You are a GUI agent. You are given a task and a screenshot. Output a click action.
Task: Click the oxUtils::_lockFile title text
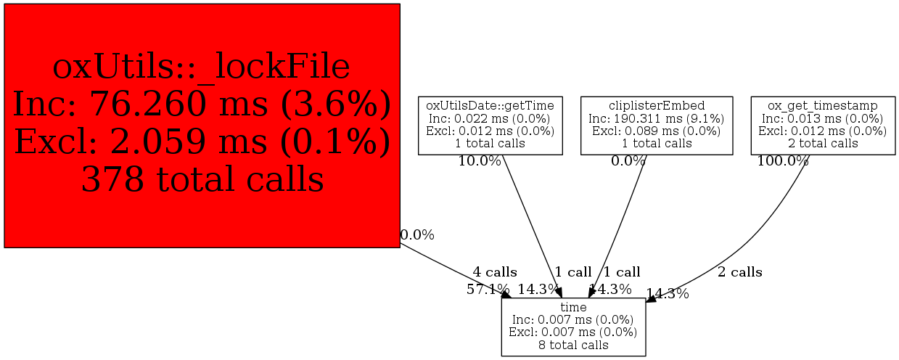202,67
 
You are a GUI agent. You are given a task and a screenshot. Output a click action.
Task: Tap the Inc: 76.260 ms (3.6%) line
202,105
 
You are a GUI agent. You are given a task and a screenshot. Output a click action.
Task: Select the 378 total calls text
202,179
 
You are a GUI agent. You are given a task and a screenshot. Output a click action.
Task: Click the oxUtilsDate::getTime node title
490,105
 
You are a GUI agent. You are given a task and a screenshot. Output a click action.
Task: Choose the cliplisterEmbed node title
657,105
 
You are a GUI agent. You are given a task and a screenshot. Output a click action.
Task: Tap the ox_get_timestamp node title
823,106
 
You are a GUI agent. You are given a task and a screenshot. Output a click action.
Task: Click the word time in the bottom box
573,307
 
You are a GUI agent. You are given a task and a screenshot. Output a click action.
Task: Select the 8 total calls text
573,345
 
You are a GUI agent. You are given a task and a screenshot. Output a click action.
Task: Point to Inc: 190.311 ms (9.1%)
657,119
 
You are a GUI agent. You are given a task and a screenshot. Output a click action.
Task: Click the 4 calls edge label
495,272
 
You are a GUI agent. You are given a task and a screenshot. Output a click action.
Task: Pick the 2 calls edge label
740,272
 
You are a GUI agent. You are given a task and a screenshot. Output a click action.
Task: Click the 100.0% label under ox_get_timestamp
783,161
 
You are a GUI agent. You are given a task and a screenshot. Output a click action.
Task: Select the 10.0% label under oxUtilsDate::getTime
480,161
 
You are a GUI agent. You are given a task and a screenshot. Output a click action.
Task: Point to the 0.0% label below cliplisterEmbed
628,161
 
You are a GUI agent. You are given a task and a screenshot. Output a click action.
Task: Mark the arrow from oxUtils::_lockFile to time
456,271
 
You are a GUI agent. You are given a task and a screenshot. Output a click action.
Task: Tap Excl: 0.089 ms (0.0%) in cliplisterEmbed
657,131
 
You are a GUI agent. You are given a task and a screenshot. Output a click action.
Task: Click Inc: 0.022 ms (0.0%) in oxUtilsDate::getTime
490,119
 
